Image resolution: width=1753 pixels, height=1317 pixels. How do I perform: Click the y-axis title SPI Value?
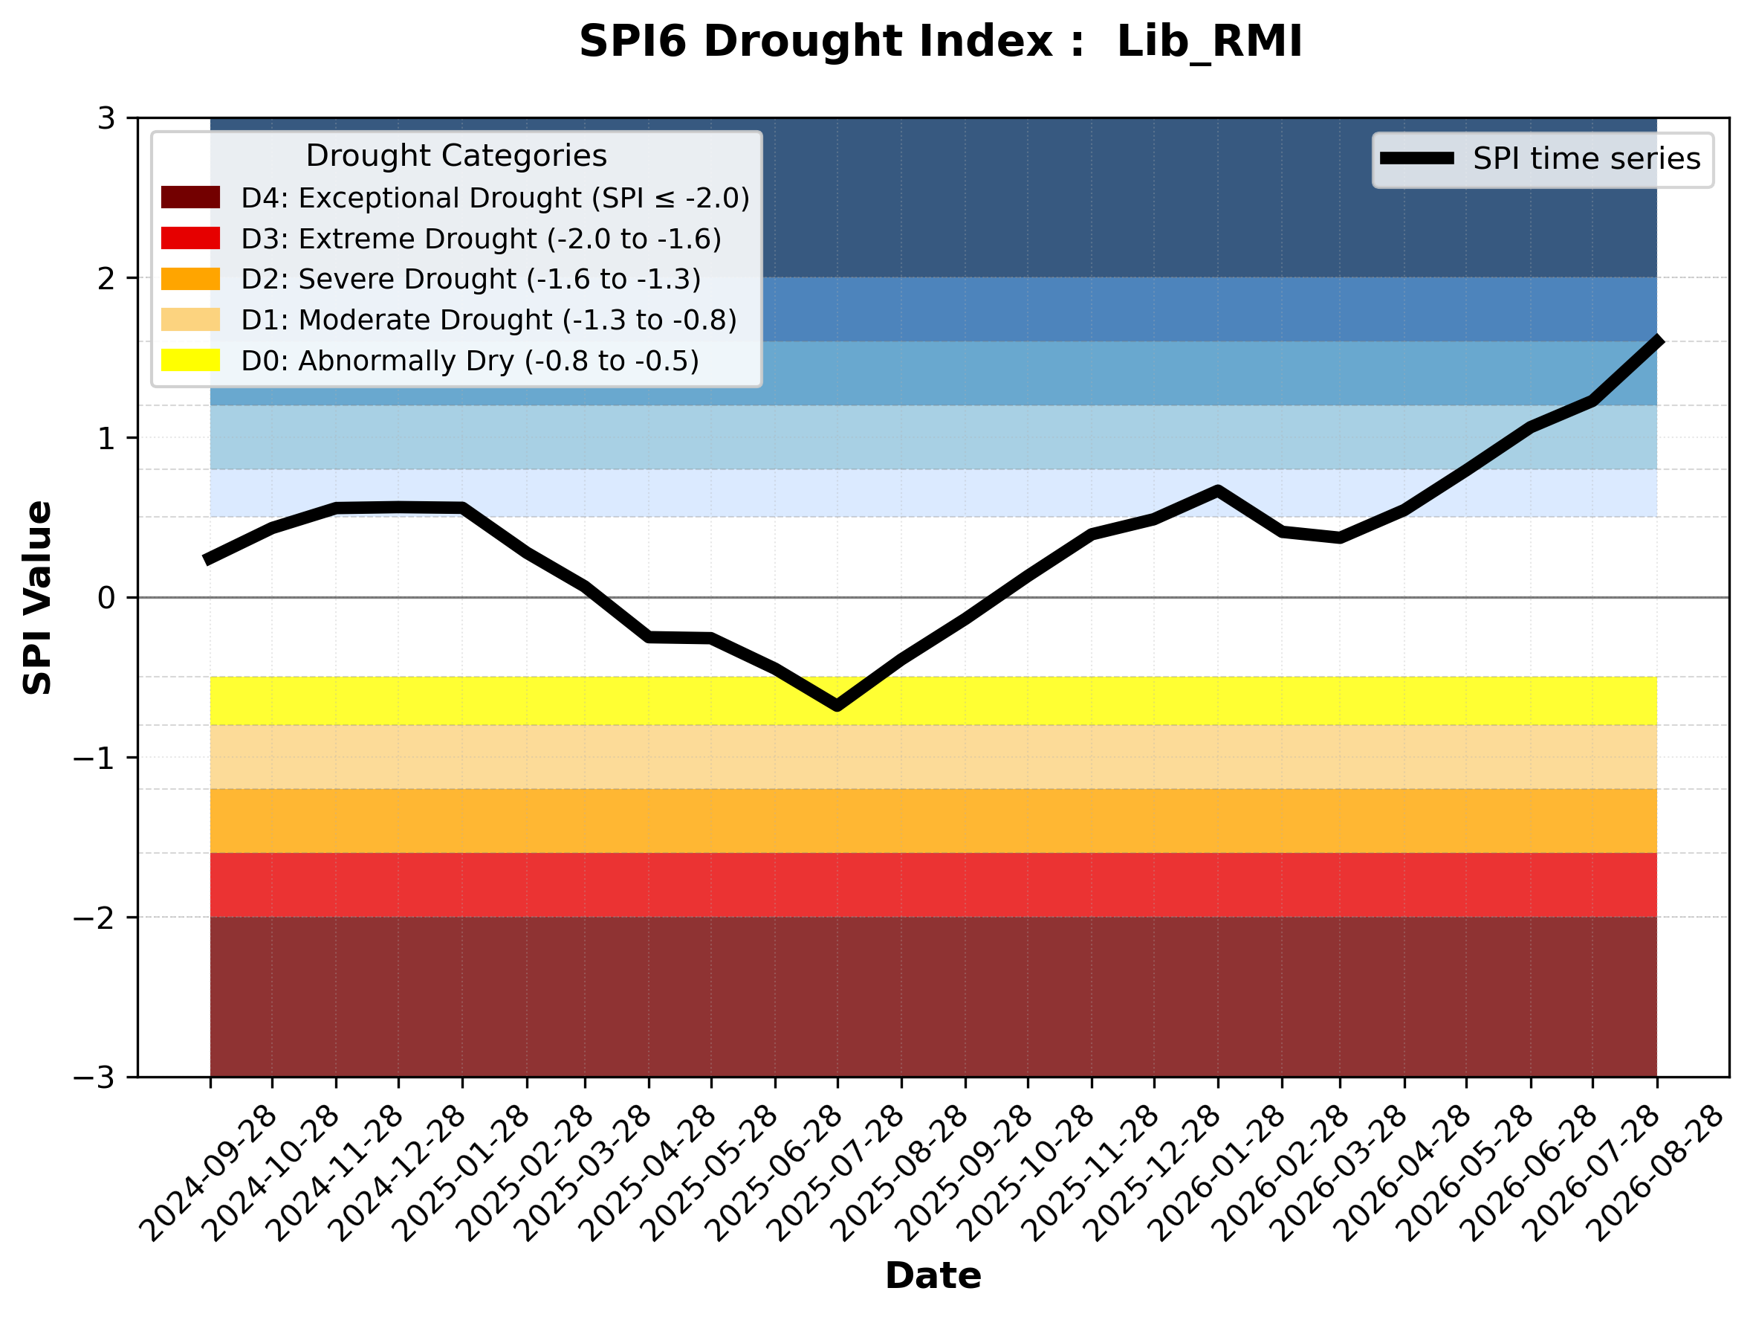click(x=37, y=598)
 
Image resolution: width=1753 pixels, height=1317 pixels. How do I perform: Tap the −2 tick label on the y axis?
click(x=94, y=918)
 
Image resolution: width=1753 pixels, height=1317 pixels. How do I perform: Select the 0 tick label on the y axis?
click(x=106, y=598)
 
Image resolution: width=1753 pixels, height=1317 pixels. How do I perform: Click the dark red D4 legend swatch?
click(x=190, y=197)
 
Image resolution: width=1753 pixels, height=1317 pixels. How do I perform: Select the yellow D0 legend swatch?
click(x=190, y=360)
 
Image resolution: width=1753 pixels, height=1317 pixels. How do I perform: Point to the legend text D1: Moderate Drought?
click(x=396, y=320)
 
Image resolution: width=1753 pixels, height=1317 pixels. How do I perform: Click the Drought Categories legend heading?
click(x=456, y=155)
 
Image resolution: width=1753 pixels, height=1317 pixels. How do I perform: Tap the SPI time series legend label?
click(x=1587, y=158)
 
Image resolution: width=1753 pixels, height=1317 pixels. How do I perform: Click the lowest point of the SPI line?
click(x=837, y=705)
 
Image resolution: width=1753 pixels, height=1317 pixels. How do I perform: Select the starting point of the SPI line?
click(x=207, y=560)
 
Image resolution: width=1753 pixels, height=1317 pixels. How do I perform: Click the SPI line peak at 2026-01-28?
click(x=1217, y=491)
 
